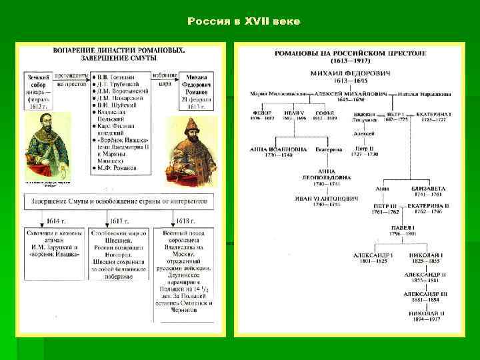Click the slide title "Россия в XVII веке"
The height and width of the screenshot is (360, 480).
pyautogui.click(x=243, y=22)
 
